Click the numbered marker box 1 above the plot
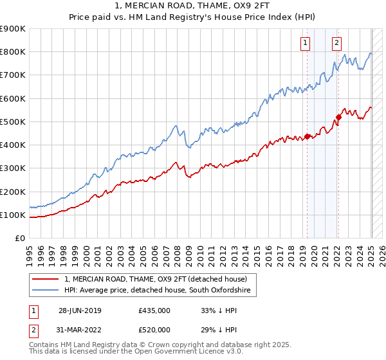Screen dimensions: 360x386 click(x=304, y=43)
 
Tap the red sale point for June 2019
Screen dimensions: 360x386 click(x=308, y=136)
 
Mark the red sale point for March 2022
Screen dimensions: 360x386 click(x=338, y=117)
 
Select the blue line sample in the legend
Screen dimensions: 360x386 click(x=46, y=291)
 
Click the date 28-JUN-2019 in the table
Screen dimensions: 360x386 click(x=80, y=310)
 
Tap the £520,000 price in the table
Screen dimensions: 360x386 click(x=154, y=329)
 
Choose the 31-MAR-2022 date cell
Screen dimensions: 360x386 click(x=80, y=329)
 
